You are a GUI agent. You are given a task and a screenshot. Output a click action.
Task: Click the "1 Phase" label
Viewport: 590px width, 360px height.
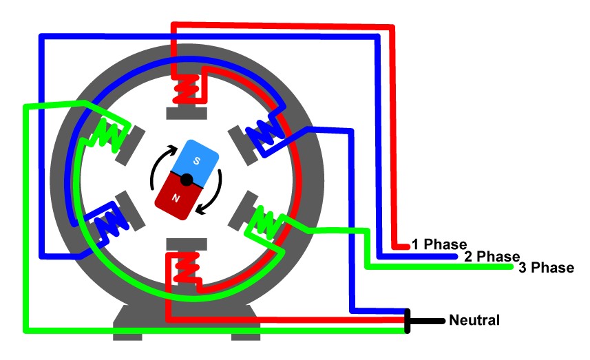[439, 244]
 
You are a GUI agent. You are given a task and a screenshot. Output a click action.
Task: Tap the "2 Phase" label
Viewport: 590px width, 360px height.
[492, 257]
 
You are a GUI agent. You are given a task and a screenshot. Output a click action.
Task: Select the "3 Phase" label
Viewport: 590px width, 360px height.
[546, 268]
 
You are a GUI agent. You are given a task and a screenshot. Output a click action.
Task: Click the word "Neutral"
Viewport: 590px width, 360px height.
[474, 320]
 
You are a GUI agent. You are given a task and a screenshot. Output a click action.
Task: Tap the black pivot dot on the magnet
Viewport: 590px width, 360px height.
[186, 180]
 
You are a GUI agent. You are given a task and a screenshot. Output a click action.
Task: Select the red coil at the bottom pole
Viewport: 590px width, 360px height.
[185, 269]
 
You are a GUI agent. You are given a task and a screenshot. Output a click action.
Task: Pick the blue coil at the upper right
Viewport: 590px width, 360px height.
[265, 132]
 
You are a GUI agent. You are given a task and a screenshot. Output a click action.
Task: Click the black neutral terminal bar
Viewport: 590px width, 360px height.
[408, 321]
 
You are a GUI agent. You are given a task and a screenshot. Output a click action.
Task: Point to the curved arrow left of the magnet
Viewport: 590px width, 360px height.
[157, 169]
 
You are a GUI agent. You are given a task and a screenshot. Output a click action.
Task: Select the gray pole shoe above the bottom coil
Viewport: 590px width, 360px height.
[186, 244]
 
